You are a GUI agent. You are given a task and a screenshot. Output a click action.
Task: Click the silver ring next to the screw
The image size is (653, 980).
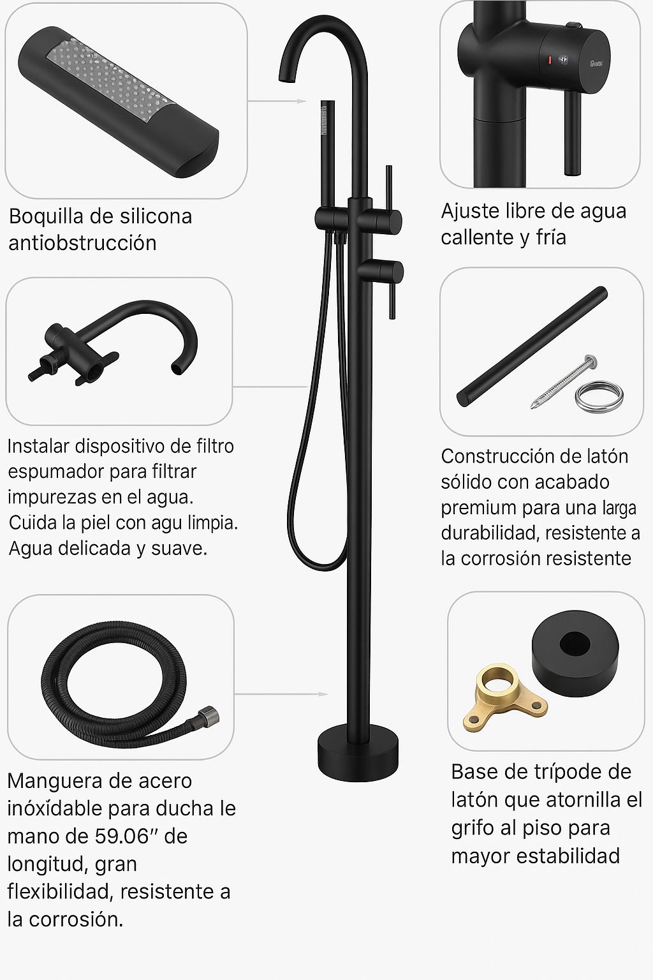coord(598,396)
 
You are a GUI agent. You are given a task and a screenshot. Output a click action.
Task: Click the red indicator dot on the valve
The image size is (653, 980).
coord(546,61)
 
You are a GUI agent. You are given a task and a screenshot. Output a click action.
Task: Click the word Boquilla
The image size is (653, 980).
coord(46,217)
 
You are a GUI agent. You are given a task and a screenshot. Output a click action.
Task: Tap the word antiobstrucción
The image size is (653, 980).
coord(82,243)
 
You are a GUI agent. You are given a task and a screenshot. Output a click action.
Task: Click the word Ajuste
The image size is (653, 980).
coord(469,211)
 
